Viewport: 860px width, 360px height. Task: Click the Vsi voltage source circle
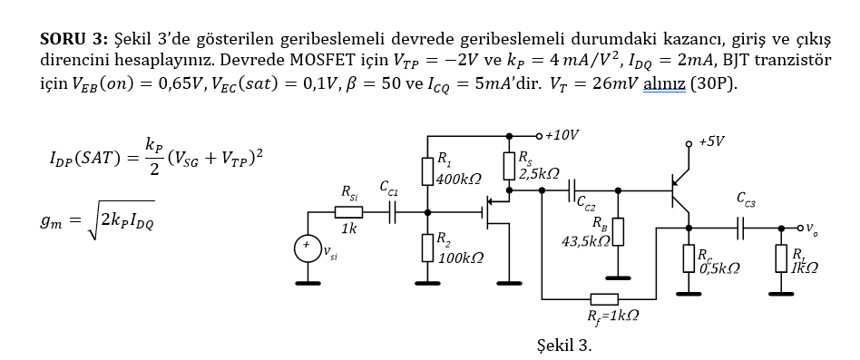(307, 248)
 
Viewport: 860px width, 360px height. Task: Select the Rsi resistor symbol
(348, 212)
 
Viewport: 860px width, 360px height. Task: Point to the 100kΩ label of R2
(458, 258)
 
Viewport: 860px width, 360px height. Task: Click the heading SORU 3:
(74, 41)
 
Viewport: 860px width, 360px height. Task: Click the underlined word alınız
(663, 85)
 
